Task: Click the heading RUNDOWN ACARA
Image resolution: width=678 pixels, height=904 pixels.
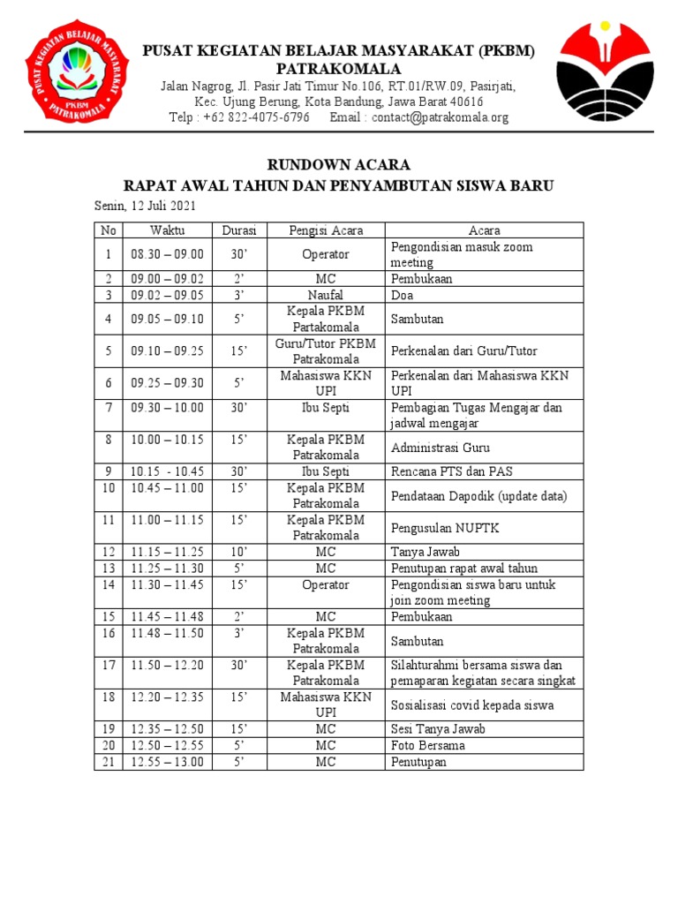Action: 338,165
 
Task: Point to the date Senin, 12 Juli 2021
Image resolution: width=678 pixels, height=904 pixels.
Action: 145,206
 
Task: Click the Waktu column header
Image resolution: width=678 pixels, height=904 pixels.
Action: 167,230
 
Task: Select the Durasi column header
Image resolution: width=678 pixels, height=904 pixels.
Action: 238,230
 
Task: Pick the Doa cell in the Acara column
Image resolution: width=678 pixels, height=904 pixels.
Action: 402,295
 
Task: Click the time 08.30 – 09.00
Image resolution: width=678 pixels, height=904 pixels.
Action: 167,254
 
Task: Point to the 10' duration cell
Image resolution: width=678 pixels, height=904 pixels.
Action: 238,552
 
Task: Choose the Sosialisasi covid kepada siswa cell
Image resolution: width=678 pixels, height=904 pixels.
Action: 472,705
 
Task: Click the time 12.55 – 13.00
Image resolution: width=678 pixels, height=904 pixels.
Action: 167,762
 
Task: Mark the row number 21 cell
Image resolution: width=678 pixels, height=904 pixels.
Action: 109,762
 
